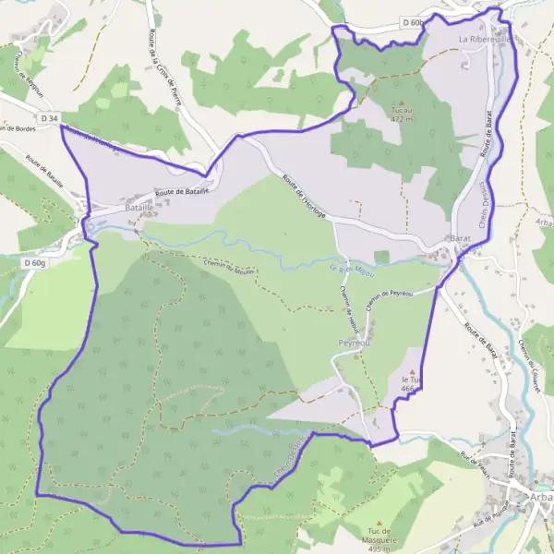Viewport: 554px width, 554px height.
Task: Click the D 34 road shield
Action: click(48, 118)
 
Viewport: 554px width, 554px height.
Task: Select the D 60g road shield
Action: click(33, 262)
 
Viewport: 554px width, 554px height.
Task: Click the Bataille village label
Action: click(114, 210)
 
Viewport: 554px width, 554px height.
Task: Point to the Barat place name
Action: click(460, 239)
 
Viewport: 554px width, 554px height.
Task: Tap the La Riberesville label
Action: click(486, 41)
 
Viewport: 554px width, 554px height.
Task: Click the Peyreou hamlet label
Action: click(354, 341)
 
